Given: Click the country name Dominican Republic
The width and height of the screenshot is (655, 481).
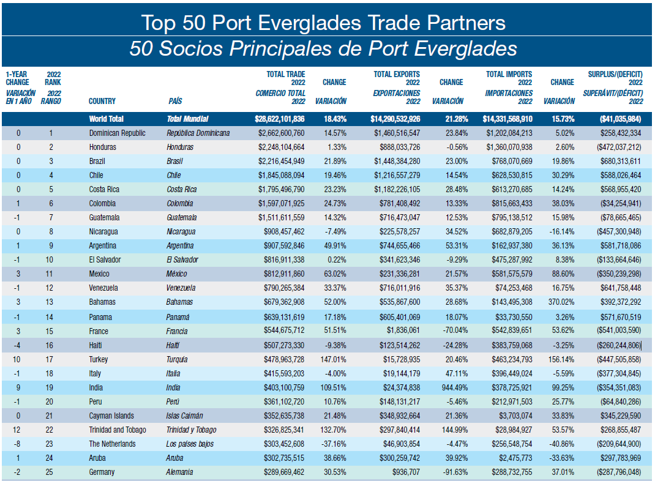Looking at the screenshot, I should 118,133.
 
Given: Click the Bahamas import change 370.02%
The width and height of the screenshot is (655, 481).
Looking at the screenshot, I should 561,302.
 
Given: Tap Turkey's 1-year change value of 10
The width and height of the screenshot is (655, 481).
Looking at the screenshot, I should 18,359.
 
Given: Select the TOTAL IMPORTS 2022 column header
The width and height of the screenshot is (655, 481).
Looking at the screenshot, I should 509,78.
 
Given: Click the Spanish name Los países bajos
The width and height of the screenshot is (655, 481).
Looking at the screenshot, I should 190,444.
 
